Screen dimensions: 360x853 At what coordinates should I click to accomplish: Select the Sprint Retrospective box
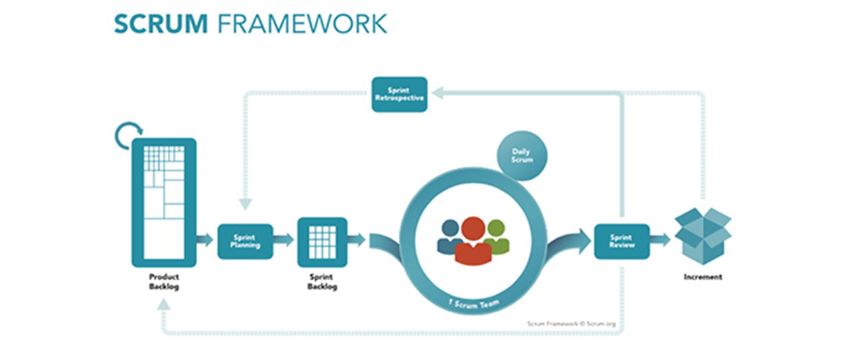tap(399, 94)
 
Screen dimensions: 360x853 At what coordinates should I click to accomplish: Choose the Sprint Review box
tap(621, 240)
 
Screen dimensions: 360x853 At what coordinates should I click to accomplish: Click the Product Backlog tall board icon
tap(164, 202)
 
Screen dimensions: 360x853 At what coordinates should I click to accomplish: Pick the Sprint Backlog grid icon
tap(322, 241)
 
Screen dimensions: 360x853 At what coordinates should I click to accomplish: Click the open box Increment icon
tap(702, 235)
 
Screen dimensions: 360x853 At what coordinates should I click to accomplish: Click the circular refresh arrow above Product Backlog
tap(127, 136)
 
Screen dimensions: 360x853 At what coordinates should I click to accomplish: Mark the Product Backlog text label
tap(164, 281)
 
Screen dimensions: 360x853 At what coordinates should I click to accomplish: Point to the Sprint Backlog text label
tap(322, 281)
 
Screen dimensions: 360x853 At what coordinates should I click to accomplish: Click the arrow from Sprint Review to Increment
tap(660, 239)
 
